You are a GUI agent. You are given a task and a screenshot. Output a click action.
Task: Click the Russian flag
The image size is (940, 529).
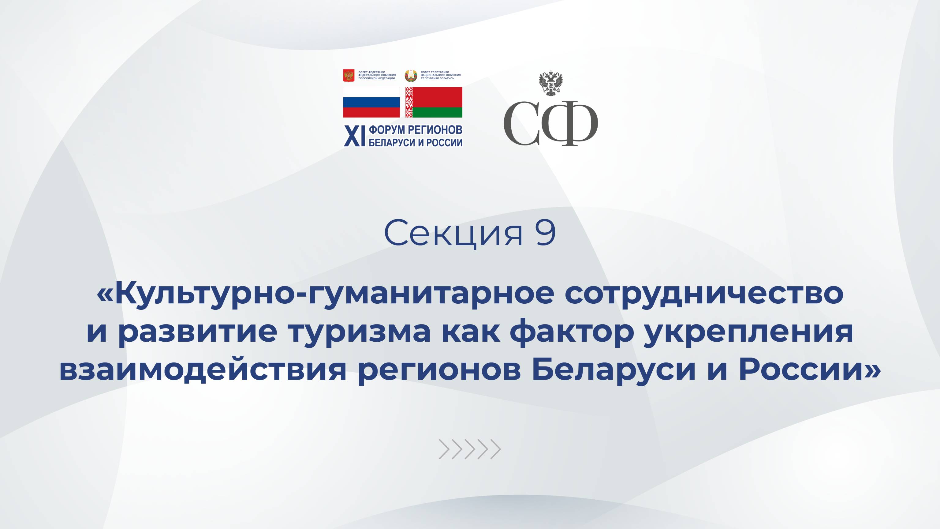point(371,102)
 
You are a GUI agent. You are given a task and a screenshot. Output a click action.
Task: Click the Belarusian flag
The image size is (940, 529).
point(434,102)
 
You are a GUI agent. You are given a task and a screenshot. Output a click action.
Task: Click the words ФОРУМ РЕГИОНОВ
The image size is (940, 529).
point(415,129)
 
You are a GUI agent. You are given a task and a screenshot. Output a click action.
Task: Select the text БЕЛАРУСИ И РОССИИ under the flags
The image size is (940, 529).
point(415,143)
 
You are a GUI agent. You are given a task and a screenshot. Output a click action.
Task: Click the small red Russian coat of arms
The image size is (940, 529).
point(349,76)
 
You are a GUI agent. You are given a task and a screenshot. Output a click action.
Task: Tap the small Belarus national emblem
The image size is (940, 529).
point(411,76)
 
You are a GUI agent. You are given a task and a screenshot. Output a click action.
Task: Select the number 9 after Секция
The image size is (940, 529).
point(546,233)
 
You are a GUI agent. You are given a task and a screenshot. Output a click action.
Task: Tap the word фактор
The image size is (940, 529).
point(571,332)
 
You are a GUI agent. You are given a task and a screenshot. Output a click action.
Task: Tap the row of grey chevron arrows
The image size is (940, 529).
point(470,449)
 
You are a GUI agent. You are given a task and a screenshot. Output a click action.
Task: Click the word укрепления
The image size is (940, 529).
point(748,332)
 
